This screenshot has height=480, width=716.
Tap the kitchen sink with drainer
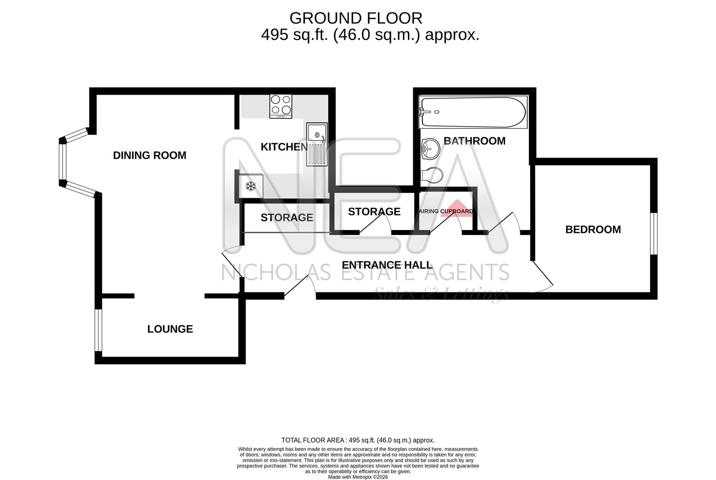coord(316,144)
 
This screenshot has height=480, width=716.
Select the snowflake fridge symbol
coord(251,186)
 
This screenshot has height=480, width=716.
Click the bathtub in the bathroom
coord(473,112)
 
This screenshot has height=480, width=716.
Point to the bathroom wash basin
coord(430,148)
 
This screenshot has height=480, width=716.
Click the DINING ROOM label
coord(149,155)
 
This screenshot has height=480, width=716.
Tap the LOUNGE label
coord(170,329)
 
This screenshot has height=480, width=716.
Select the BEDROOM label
coord(593,229)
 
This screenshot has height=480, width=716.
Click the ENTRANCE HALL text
coord(387,265)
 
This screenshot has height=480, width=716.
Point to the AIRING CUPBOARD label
coord(446,211)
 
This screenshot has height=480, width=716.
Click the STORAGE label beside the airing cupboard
coord(374,212)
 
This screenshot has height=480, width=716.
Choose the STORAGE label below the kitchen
coord(287,217)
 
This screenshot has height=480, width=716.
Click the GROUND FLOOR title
coord(356,18)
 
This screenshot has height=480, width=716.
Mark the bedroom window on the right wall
coord(653,233)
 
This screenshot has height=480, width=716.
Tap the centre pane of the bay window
coord(63,162)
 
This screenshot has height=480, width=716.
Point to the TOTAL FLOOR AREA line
coord(358,440)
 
